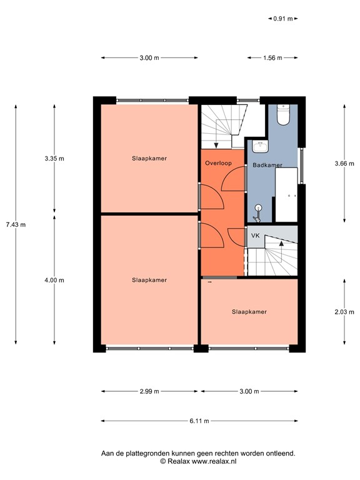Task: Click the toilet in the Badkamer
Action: click(x=283, y=115)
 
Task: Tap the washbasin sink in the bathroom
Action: click(x=260, y=147)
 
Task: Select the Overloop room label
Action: click(x=218, y=163)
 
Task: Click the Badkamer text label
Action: click(x=267, y=165)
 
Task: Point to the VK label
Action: click(x=255, y=236)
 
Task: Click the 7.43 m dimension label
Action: click(x=16, y=225)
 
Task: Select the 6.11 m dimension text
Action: click(x=199, y=421)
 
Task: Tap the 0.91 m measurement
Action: click(x=283, y=19)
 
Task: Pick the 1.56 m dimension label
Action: click(x=272, y=58)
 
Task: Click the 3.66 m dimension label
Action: click(x=344, y=164)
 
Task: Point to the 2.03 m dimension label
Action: click(x=344, y=312)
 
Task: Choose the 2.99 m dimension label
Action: click(x=149, y=391)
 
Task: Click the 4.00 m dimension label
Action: click(x=54, y=280)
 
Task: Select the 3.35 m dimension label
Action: click(x=54, y=159)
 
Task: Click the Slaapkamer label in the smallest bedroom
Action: click(x=249, y=312)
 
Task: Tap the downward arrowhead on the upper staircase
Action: click(x=216, y=146)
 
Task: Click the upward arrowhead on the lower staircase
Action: click(x=281, y=243)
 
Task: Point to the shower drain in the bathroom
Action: click(x=258, y=208)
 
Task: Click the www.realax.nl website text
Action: click(x=214, y=461)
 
